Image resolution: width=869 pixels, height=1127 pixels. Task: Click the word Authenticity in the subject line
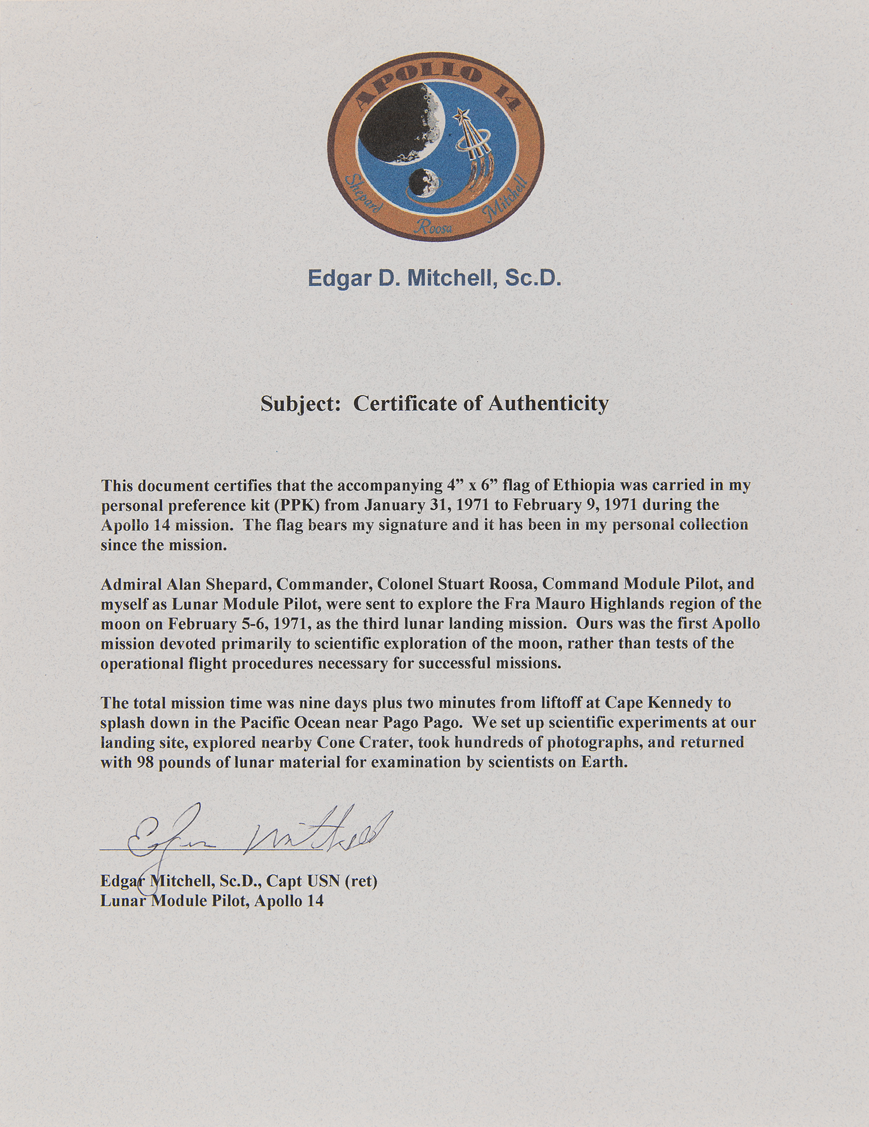[543, 403]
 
